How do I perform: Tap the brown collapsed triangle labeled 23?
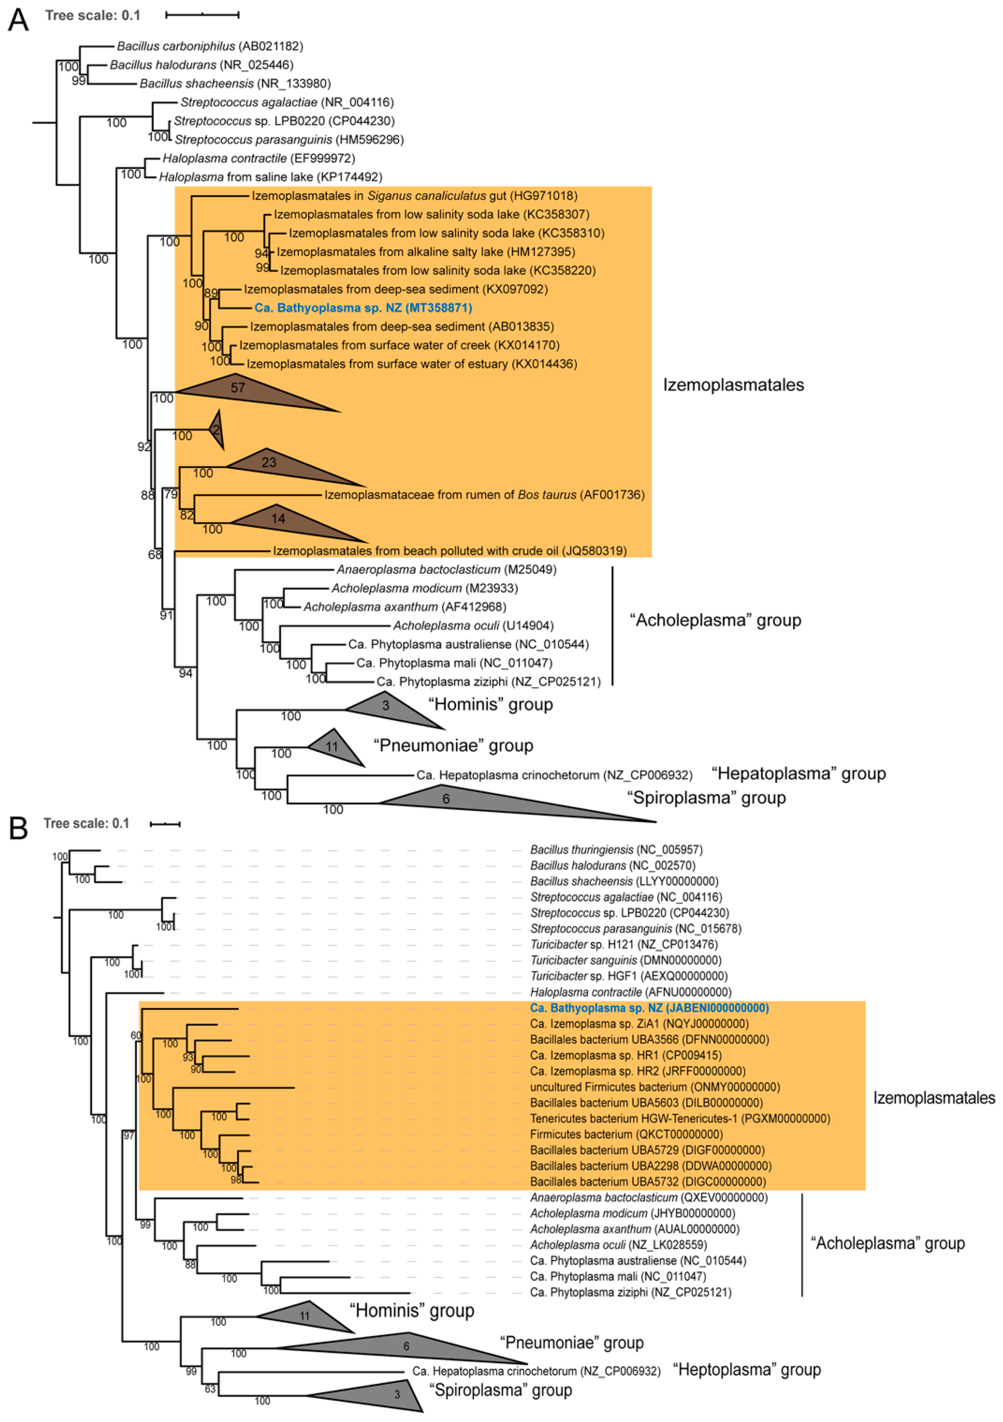pyautogui.click(x=279, y=466)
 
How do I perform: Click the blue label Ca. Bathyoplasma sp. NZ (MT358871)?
pyautogui.click(x=363, y=308)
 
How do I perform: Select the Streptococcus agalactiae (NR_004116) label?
pyautogui.click(x=287, y=102)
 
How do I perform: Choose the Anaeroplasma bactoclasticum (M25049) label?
pyautogui.click(x=446, y=569)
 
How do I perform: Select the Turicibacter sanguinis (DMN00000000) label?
pyautogui.click(x=625, y=960)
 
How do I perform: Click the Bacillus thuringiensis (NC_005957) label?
pyautogui.click(x=616, y=850)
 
